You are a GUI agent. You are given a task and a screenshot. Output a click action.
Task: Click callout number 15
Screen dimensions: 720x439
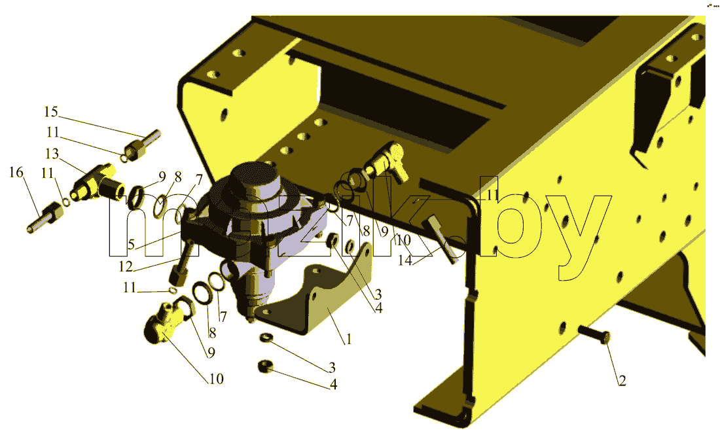coord(51,112)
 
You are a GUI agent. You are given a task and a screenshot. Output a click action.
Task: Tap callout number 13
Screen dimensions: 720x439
coord(52,153)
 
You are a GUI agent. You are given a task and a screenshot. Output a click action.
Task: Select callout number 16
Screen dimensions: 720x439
coord(16,173)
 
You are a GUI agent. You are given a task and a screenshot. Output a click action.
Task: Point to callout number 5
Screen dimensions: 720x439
coord(132,244)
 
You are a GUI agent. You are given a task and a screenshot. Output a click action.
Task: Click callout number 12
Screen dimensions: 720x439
coord(126,267)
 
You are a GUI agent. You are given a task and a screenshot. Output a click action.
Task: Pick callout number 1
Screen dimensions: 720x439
coord(349,340)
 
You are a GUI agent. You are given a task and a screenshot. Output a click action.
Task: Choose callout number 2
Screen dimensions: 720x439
coord(622,381)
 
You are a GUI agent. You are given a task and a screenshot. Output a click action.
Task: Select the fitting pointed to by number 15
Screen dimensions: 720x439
coord(142,144)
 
